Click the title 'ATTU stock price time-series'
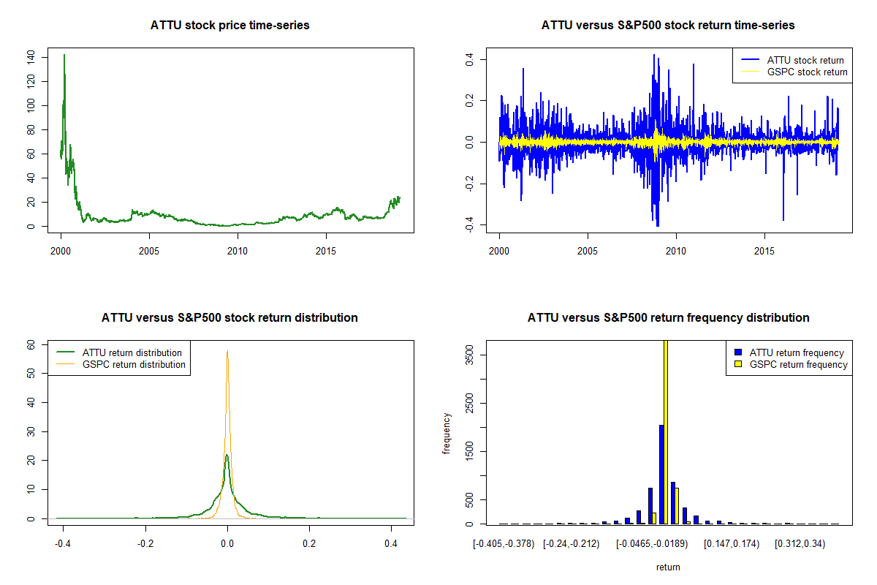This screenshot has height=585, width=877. (229, 26)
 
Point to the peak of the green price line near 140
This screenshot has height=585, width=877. (64, 55)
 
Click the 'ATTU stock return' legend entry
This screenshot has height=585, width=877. (805, 61)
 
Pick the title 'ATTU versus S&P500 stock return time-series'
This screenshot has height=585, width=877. (668, 26)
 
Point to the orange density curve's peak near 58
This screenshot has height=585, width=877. (227, 351)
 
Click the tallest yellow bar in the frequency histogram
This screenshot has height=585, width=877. (666, 431)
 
